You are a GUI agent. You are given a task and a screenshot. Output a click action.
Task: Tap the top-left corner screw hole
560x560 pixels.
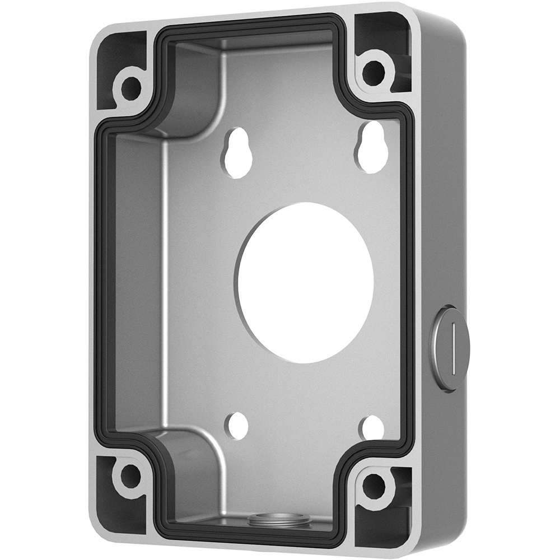(x=131, y=87)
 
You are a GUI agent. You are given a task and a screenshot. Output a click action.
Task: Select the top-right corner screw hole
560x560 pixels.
(x=374, y=72)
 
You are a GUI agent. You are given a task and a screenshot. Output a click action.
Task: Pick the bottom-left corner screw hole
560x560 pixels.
(x=130, y=476)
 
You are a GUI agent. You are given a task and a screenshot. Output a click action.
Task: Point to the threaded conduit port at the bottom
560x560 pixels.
(x=280, y=520)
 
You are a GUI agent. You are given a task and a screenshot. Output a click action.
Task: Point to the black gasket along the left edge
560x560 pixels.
(x=101, y=280)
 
